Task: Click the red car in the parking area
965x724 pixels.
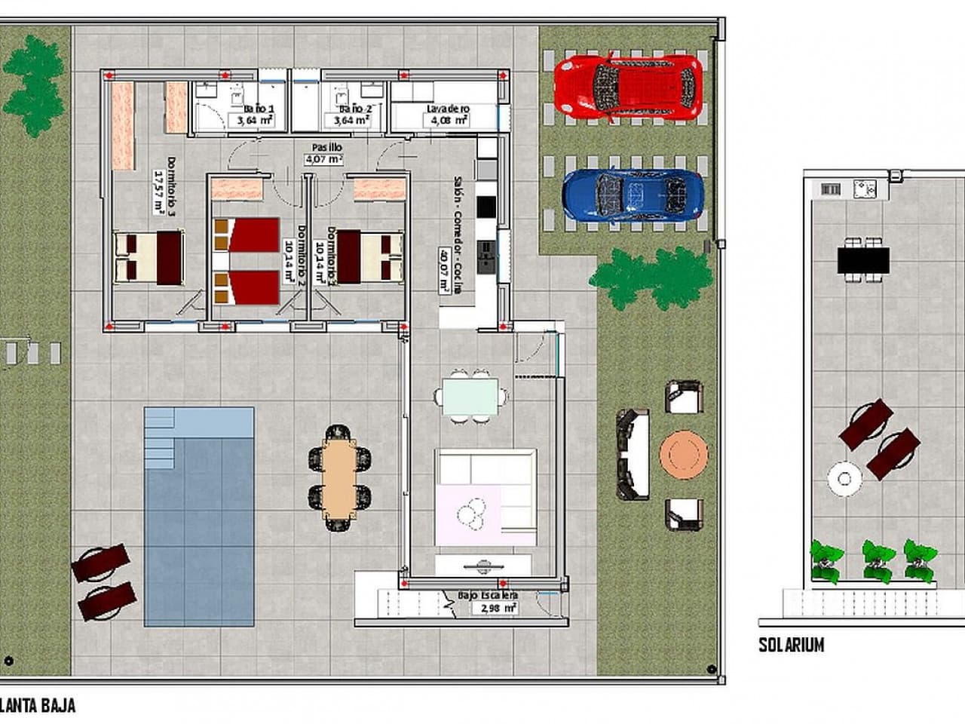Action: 628,87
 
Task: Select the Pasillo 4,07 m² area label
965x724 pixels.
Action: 325,153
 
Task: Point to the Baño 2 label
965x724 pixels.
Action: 351,114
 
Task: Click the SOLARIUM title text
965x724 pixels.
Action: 791,645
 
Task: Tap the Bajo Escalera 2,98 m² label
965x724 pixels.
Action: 488,601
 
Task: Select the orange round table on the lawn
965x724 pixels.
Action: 684,454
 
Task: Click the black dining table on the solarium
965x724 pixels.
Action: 862,261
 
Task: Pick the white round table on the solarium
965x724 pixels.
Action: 844,478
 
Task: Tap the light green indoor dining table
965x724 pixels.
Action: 470,396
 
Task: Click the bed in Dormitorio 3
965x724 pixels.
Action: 149,257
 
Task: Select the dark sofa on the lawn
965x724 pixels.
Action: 632,456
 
